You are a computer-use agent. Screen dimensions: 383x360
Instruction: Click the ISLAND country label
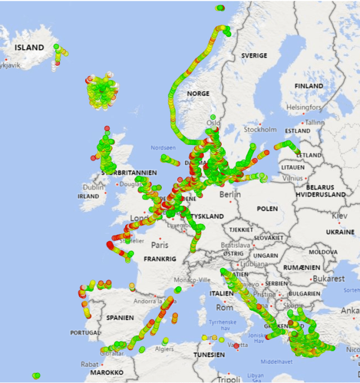(x=29, y=47)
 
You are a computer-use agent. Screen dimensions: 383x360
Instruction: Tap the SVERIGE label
(x=253, y=55)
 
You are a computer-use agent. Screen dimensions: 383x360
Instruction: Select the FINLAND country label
(x=308, y=86)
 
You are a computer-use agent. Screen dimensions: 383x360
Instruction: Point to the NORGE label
(x=198, y=94)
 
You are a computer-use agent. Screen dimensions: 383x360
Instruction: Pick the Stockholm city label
(x=260, y=129)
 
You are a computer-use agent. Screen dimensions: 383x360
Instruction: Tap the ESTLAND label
(x=298, y=130)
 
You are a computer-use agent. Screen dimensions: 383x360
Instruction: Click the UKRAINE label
(x=340, y=232)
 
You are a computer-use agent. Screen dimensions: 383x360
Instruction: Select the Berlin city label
(x=229, y=194)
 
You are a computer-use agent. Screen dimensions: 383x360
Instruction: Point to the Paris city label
(x=159, y=245)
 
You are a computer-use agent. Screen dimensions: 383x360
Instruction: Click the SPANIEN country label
(x=120, y=318)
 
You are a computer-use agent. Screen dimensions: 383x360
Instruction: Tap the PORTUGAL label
(x=84, y=333)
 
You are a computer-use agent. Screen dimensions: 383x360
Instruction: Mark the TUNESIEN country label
(x=207, y=355)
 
